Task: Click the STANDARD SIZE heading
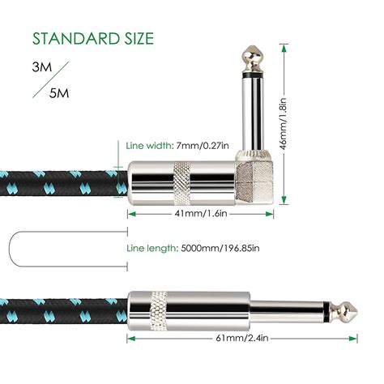tap(92, 38)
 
